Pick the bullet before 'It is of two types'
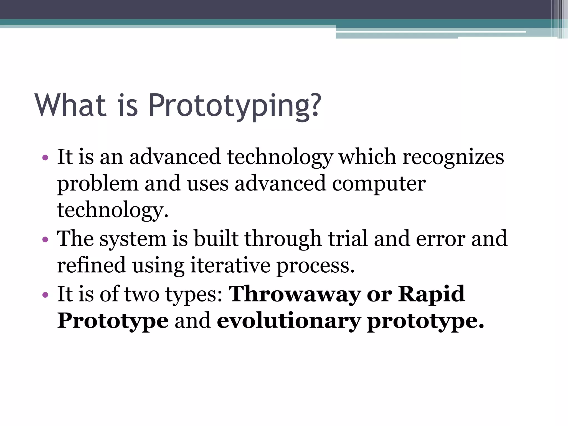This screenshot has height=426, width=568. click(x=45, y=295)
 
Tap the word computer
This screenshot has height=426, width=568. click(x=379, y=184)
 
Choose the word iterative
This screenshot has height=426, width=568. click(x=230, y=265)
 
